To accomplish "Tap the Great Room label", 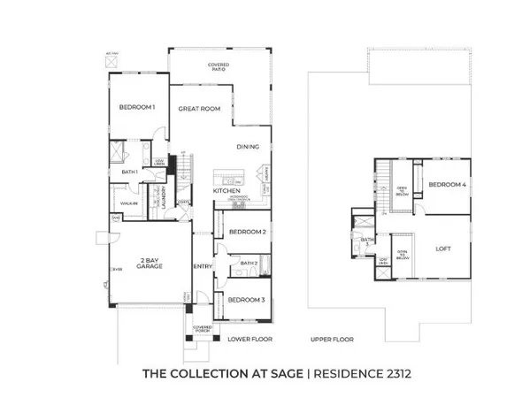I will pyautogui.click(x=198, y=108).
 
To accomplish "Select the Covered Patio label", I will pyautogui.click(x=219, y=66).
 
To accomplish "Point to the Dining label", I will pyautogui.click(x=248, y=147).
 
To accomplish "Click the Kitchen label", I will pyautogui.click(x=227, y=191).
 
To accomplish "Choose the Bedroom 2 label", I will pyautogui.click(x=248, y=232).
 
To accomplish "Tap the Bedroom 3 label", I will pyautogui.click(x=247, y=300).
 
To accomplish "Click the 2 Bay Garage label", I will pyautogui.click(x=148, y=263).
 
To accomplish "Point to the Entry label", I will pyautogui.click(x=202, y=266).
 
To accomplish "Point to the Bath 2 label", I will pyautogui.click(x=249, y=263).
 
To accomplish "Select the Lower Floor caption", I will pyautogui.click(x=249, y=339).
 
